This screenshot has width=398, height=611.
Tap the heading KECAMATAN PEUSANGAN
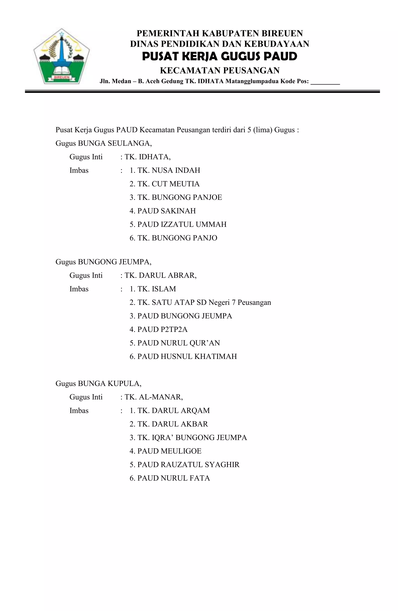point(220,70)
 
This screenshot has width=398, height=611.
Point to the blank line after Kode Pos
point(325,82)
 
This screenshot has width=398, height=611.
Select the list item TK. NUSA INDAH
point(165,170)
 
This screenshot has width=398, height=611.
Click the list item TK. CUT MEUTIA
point(164,184)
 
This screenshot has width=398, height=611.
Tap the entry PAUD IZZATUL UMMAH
point(178,224)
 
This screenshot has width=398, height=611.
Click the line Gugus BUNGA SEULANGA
point(104,143)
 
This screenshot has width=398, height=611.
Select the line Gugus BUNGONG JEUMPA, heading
point(103,262)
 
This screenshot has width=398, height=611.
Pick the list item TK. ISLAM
point(153,289)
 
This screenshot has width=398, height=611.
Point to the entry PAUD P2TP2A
point(159,329)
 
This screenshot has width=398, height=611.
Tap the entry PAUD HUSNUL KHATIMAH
point(183,357)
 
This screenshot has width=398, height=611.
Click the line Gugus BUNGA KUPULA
point(99,384)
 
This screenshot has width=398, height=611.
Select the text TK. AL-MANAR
point(154,397)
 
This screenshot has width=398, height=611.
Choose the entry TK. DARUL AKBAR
point(169,424)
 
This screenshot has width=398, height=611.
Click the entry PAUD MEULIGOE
point(166,451)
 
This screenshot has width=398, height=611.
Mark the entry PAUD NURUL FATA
point(170,478)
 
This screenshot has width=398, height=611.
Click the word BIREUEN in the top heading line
point(282,33)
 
